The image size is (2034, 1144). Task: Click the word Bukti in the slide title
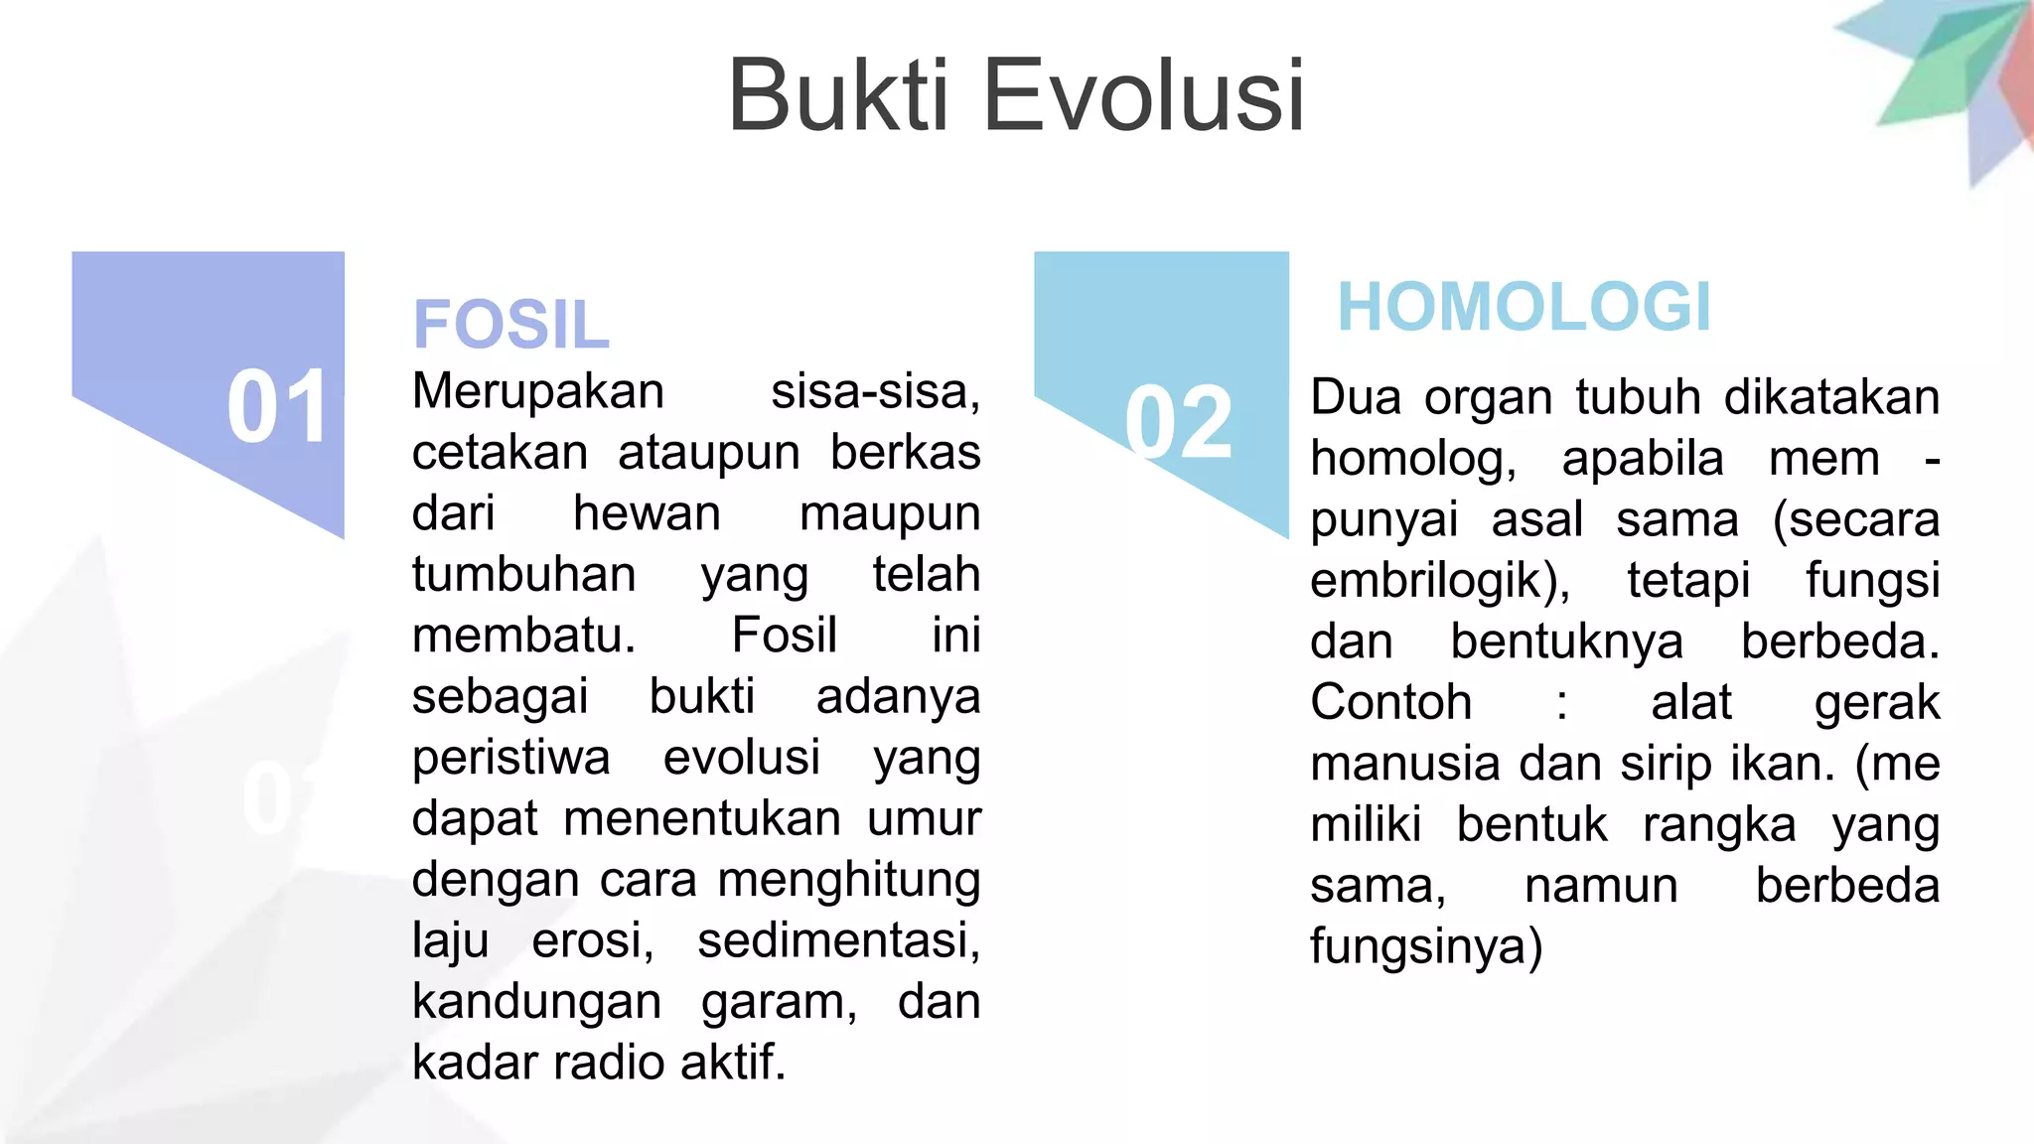tap(839, 95)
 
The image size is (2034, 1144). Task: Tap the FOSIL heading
tap(510, 325)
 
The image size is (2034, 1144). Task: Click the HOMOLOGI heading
tap(1525, 307)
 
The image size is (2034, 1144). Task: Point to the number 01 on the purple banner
tap(277, 407)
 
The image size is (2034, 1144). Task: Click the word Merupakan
tap(538, 391)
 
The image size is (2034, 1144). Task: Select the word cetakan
tap(500, 453)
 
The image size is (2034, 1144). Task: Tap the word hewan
tap(647, 513)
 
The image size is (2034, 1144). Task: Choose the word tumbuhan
tap(523, 575)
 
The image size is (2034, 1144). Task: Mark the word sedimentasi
tap(838, 940)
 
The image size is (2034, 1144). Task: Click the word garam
tap(779, 1001)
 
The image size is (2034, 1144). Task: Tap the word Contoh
tap(1390, 702)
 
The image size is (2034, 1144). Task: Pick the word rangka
tap(1719, 825)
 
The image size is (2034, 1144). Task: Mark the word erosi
tap(592, 940)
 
